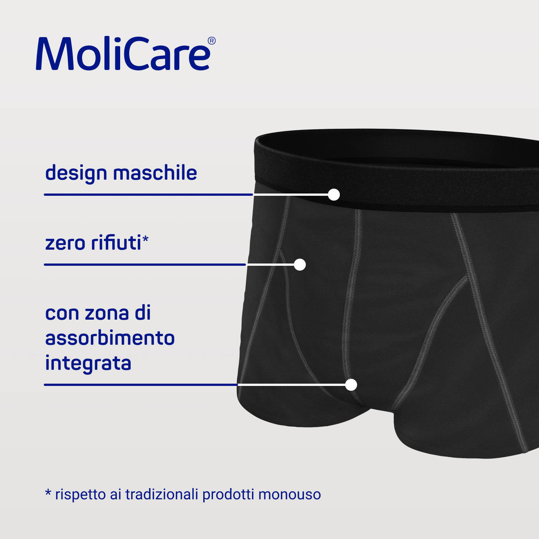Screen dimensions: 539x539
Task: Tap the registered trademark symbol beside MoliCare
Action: pyautogui.click(x=211, y=41)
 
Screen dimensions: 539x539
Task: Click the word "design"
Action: pyautogui.click(x=76, y=173)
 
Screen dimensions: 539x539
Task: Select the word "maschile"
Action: pyautogui.click(x=155, y=173)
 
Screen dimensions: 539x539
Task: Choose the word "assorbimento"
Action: pyautogui.click(x=110, y=338)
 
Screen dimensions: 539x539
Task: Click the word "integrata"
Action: pyautogui.click(x=88, y=363)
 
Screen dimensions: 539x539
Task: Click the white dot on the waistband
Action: pyautogui.click(x=334, y=195)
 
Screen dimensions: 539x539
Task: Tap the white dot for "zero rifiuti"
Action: pyautogui.click(x=300, y=265)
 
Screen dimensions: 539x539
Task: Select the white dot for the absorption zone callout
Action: pyautogui.click(x=351, y=385)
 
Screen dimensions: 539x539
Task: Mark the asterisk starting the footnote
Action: pyautogui.click(x=48, y=492)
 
